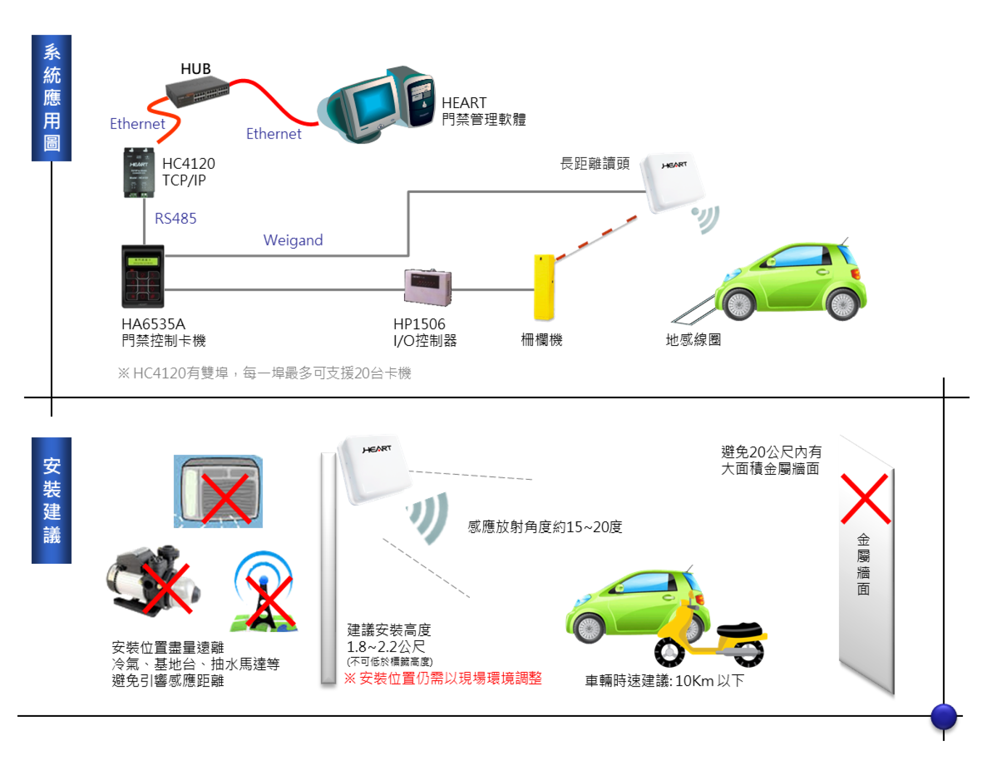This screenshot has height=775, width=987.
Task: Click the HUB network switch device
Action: point(197,92)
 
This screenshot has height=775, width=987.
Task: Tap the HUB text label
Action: point(195,69)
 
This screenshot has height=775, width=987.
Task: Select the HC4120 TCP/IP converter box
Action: point(139,172)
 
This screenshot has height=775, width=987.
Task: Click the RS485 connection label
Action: point(175,218)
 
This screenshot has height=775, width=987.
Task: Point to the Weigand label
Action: point(293,240)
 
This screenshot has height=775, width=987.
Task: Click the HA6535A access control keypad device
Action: point(143,276)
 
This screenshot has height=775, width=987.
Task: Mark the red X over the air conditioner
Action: point(225,499)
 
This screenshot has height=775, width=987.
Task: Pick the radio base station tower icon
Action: point(264,592)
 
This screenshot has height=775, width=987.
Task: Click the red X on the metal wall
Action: point(865,499)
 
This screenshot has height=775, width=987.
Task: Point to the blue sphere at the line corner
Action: point(944,717)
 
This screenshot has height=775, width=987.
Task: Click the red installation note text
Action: point(443,678)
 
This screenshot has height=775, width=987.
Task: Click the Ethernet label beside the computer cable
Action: point(273,134)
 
